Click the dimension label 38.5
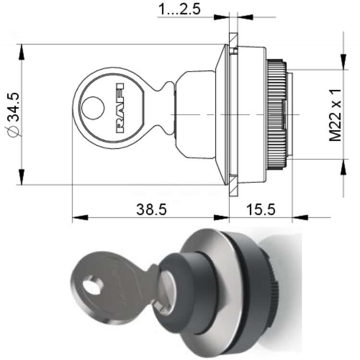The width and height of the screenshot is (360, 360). tap(151, 209)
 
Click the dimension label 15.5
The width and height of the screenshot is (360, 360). tap(261, 209)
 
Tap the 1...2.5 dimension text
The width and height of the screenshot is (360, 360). tap(180, 9)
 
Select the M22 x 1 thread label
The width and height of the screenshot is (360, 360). tap(336, 115)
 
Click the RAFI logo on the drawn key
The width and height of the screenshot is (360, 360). tap(120, 108)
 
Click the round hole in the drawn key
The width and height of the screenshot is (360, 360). tap(93, 108)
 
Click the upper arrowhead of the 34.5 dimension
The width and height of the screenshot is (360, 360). tap(22, 52)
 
